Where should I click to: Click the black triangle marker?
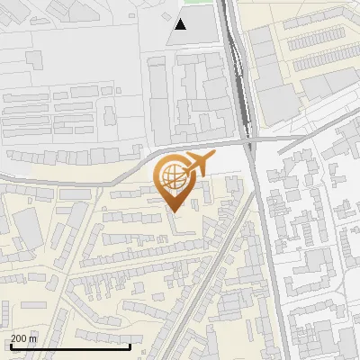click(x=181, y=24)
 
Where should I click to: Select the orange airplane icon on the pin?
click(x=198, y=165)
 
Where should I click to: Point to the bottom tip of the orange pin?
click(x=173, y=211)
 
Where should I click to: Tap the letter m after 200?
click(x=35, y=338)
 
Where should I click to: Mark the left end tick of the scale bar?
click(x=11, y=345)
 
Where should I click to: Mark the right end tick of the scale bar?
click(x=130, y=345)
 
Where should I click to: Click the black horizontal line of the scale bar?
click(x=70, y=346)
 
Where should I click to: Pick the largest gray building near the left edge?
click(x=27, y=229)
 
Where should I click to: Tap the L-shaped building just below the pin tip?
click(x=184, y=229)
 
